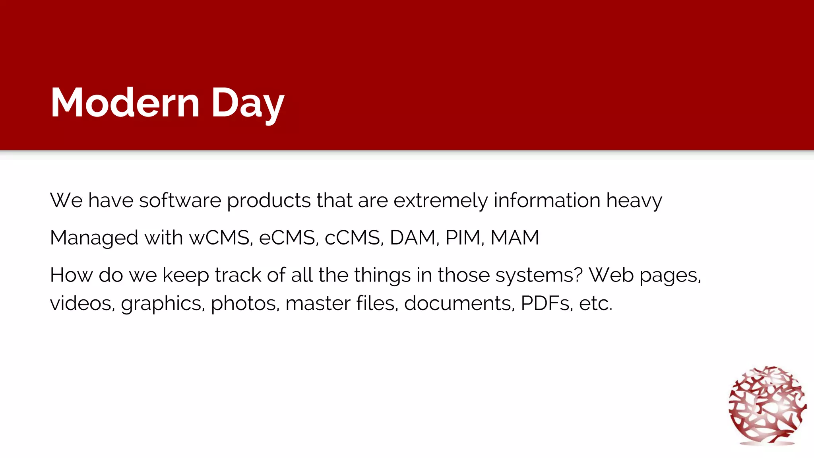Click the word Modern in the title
(x=125, y=103)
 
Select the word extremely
(x=440, y=200)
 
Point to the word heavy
(x=634, y=200)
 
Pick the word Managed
(x=94, y=238)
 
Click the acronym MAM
(x=515, y=238)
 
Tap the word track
(x=238, y=275)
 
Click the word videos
(x=82, y=303)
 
